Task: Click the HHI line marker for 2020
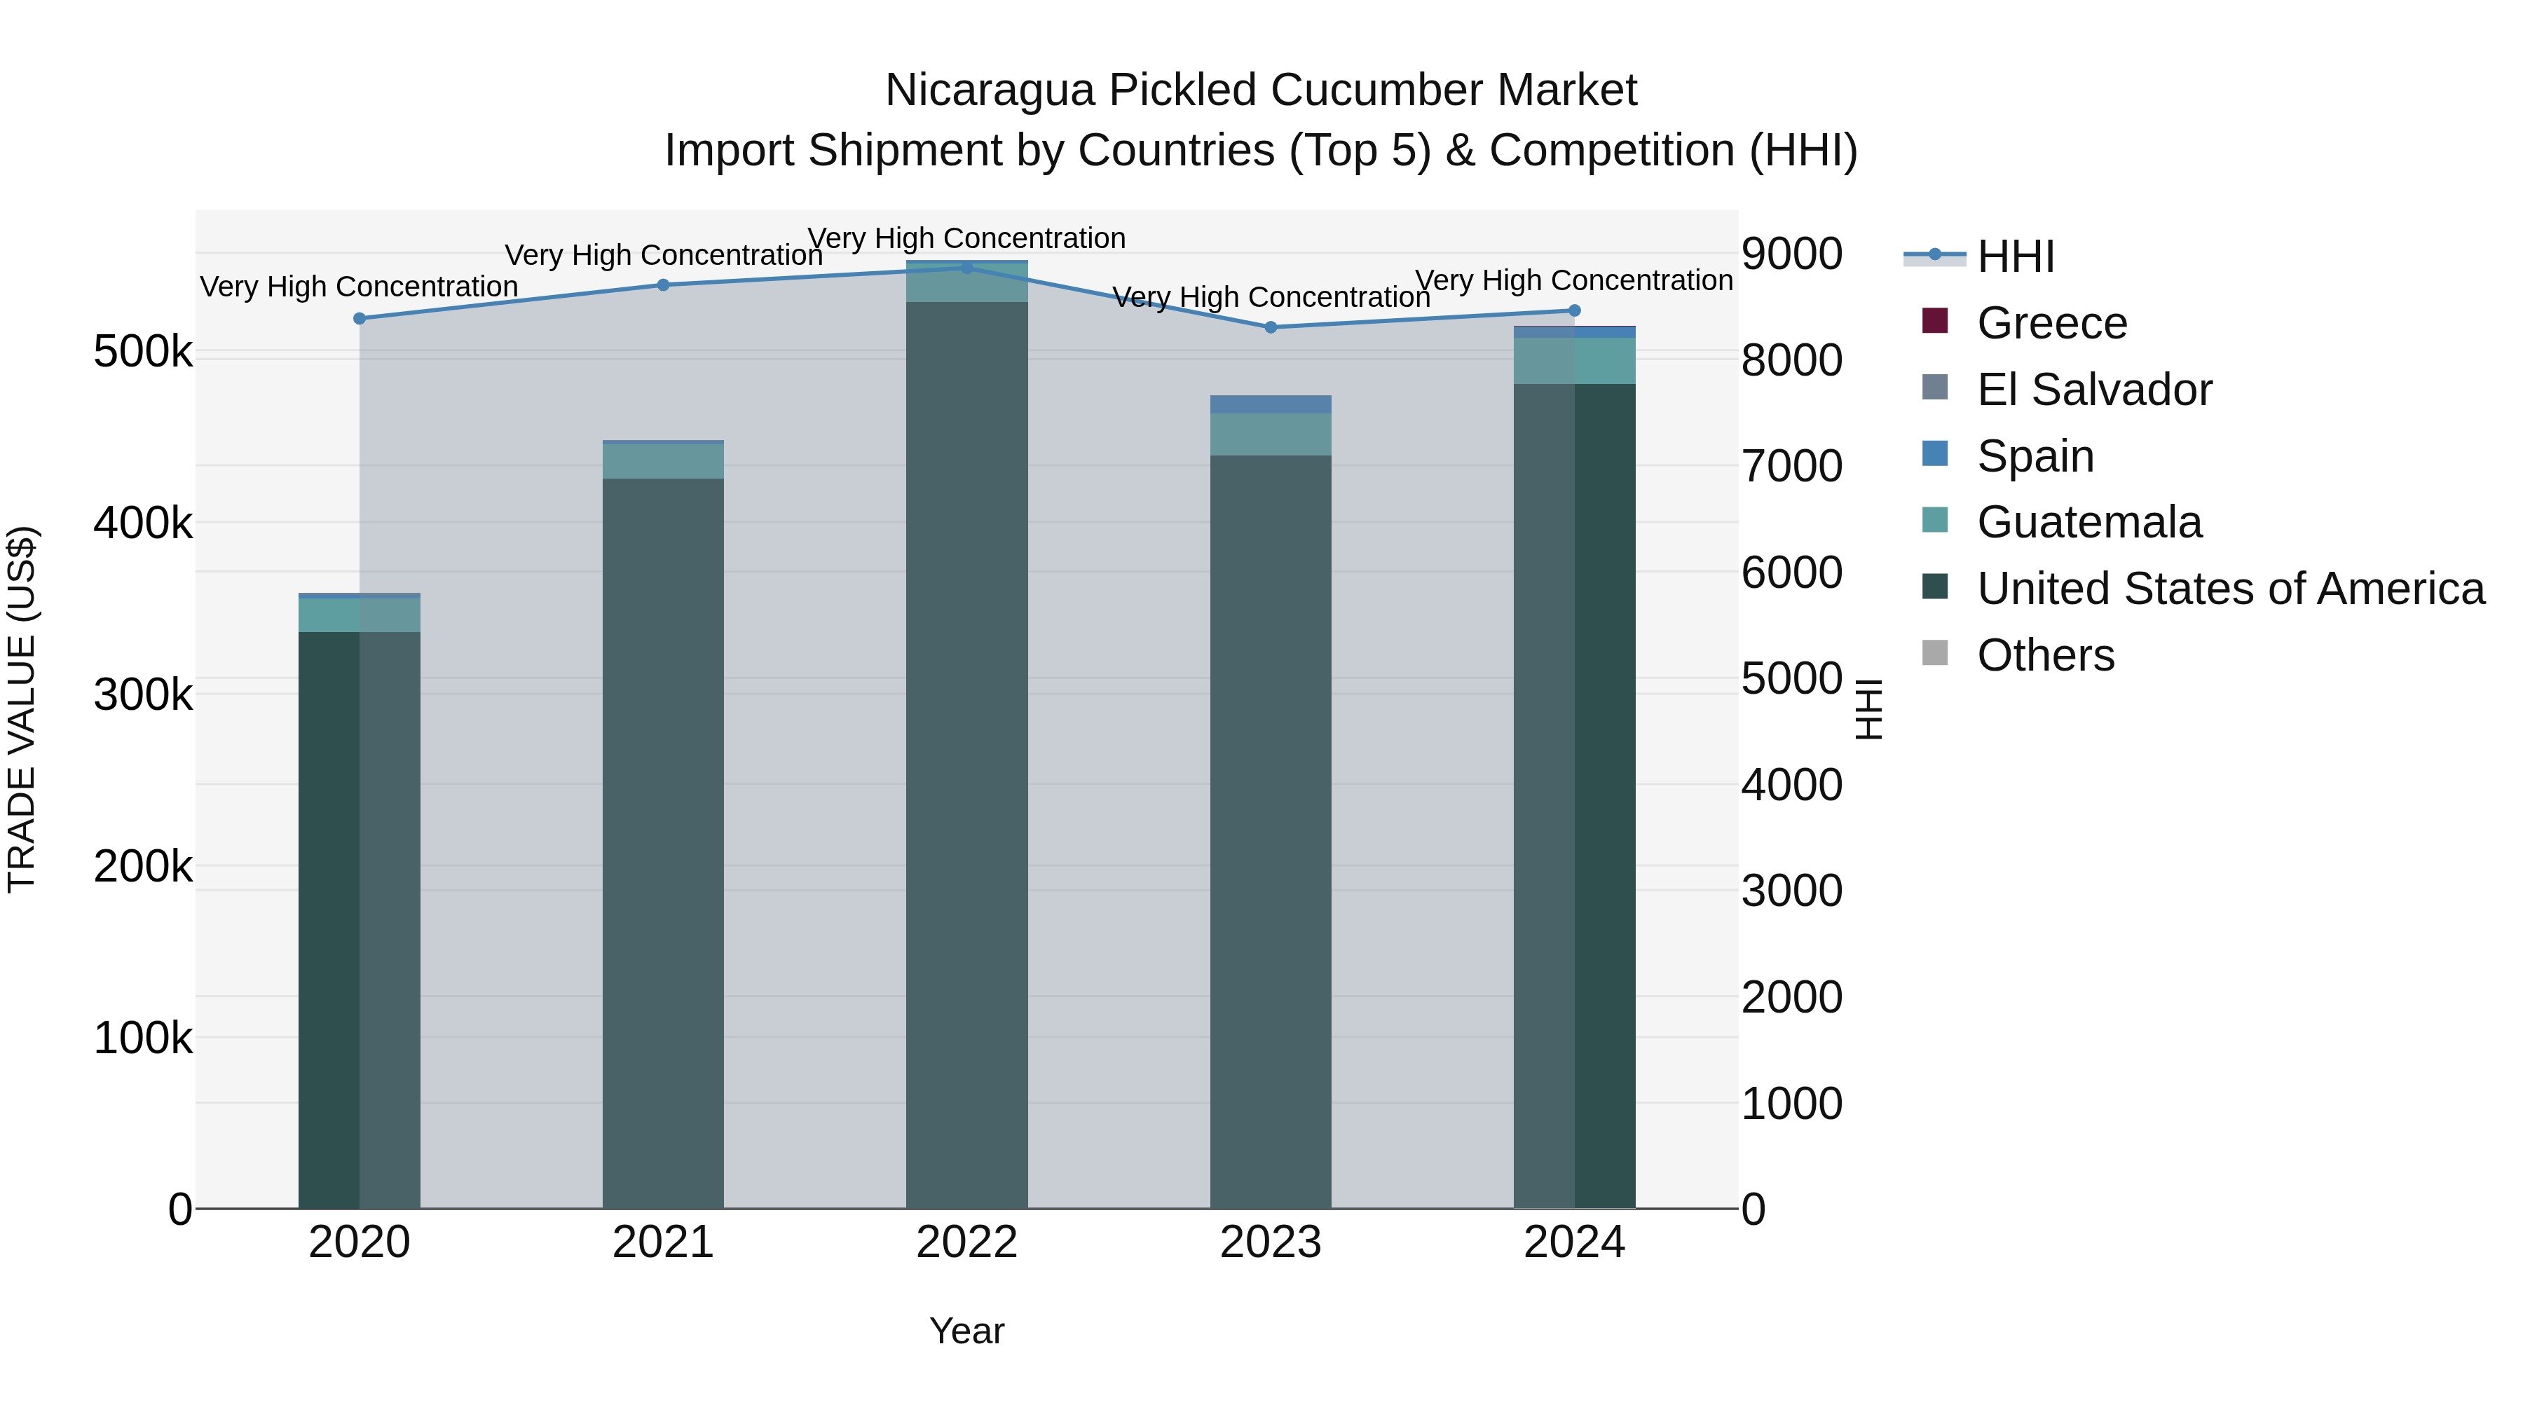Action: (360, 318)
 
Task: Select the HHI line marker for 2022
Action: (966, 268)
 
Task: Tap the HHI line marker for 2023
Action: (1271, 327)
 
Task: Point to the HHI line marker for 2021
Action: (663, 285)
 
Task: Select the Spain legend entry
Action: (2035, 456)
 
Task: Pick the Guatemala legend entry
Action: (2088, 522)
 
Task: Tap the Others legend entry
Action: (2045, 655)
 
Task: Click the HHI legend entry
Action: (2015, 256)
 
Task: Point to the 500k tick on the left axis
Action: (143, 352)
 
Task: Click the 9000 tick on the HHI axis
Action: (1791, 254)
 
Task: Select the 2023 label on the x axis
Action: (1271, 1242)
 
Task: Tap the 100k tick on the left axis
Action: (143, 1038)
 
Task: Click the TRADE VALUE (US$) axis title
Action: (22, 709)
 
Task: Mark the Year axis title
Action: (966, 1331)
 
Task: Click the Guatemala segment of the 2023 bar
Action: (1271, 434)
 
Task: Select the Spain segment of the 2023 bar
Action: (1271, 404)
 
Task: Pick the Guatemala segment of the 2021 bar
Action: (663, 461)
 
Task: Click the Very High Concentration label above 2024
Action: (1574, 280)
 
